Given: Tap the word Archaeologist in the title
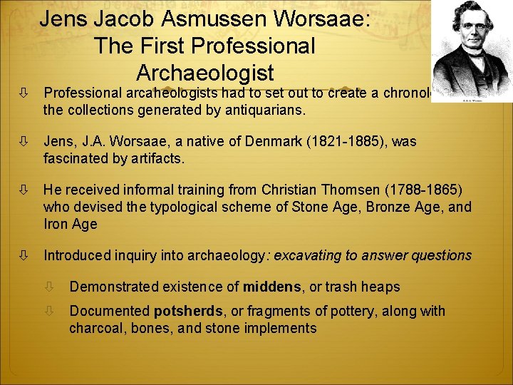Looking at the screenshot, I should tap(204, 73).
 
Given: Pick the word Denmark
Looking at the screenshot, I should tap(258, 141).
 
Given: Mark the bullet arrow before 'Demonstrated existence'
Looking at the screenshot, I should tap(50, 287).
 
